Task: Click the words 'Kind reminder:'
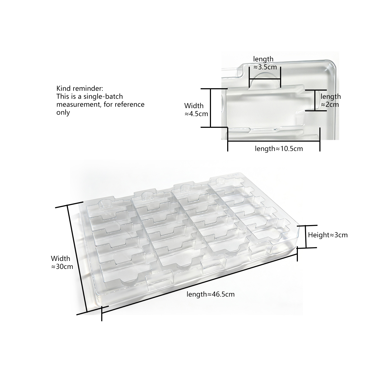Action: pos(79,88)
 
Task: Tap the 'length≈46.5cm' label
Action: pos(210,294)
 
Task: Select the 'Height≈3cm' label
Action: pos(328,235)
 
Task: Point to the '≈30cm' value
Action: pos(62,267)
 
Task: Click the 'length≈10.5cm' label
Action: pos(279,149)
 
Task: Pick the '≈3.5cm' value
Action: pos(265,67)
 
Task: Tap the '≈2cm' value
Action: pos(330,104)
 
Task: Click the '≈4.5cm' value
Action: pos(196,114)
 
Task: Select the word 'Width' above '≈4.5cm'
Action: pos(194,106)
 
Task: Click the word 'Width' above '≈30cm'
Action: pos(61,258)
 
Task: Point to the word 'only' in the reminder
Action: pos(63,112)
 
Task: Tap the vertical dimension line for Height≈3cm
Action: pos(306,236)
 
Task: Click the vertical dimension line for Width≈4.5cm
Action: pos(210,108)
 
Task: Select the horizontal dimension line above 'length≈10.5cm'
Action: pos(274,141)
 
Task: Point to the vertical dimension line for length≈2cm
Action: pos(315,100)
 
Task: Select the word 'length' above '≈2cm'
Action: pos(331,96)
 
